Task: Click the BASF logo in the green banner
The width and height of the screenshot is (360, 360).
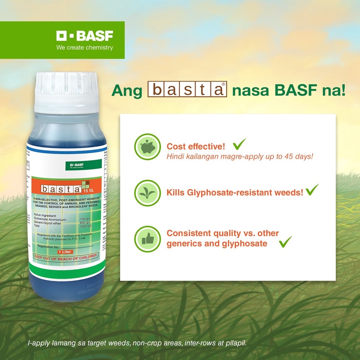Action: point(85,36)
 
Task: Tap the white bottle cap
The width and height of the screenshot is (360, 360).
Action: point(67,92)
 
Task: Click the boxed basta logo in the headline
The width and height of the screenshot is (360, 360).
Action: point(187,90)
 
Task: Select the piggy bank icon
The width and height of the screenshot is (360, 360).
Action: point(148,147)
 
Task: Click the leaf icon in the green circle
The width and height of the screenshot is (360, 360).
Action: point(148,193)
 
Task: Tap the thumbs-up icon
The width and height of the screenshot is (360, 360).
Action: point(148,239)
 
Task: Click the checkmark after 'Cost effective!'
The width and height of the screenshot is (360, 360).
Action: point(239,144)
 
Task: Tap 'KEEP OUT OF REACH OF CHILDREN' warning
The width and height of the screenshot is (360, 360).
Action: point(65,256)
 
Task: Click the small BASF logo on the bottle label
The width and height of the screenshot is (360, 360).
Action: point(83,165)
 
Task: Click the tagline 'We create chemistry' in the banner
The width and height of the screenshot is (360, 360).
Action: point(85,48)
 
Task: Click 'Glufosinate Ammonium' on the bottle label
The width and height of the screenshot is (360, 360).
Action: point(50,219)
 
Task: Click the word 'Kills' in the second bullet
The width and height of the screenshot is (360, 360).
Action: point(176,193)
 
